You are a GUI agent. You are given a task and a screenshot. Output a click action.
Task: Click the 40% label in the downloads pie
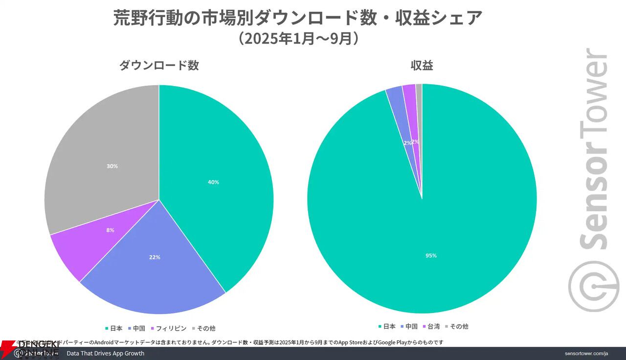(x=213, y=182)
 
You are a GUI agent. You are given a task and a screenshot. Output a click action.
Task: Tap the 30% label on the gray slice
(x=112, y=166)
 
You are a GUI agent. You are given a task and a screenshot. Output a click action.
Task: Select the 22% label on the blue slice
(x=155, y=257)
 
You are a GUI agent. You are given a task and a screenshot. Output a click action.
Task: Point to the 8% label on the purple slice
(x=110, y=230)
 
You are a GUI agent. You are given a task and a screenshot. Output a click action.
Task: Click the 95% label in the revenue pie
(x=431, y=255)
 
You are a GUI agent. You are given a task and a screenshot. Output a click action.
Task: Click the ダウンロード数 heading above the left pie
(x=159, y=66)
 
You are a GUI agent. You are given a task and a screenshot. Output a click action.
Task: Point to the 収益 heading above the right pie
(x=422, y=66)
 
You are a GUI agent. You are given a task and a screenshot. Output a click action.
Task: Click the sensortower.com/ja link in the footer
(x=586, y=353)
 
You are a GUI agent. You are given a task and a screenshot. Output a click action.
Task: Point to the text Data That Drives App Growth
(x=105, y=353)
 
